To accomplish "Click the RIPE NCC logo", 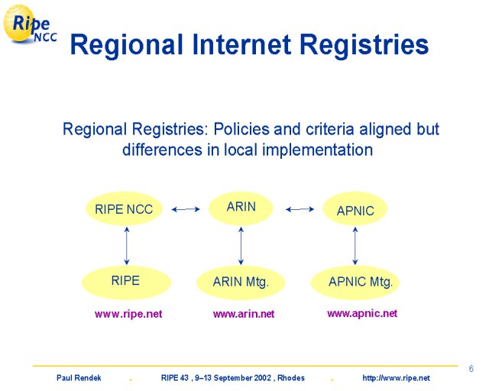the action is coord(30,24).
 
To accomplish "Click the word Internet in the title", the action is coord(241,44).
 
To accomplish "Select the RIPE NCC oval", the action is coord(124,208).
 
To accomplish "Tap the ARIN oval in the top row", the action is coord(241,208).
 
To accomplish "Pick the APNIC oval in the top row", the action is coord(355,209).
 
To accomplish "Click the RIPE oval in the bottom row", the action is coord(126,283).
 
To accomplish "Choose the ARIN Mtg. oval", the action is coord(241,283).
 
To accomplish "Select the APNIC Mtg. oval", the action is coord(355,283).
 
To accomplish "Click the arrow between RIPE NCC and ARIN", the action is coord(186,209).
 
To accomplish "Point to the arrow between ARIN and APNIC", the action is coord(300,209).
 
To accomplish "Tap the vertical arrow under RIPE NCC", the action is coord(127,246).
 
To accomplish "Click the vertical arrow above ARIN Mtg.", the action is coord(241,246).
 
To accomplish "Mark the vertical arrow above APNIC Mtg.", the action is coord(355,246).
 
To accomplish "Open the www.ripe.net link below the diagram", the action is coord(128,314).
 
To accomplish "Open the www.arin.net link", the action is coord(244,314).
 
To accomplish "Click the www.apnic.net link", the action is coord(362,313).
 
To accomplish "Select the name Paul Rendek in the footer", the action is coord(79,378).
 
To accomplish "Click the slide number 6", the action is coord(471,369).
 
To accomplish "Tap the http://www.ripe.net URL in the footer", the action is coord(396,378).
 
